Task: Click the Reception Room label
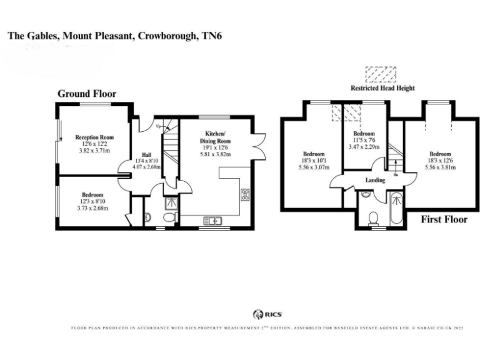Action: (93, 137)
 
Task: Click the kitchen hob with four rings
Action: (245, 194)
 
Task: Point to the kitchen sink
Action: (212, 219)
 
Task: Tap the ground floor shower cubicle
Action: (171, 202)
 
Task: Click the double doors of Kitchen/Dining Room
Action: (261, 139)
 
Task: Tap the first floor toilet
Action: (373, 217)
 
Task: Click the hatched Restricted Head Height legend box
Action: (381, 74)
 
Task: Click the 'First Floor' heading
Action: (441, 219)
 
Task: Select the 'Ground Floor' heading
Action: (87, 94)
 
